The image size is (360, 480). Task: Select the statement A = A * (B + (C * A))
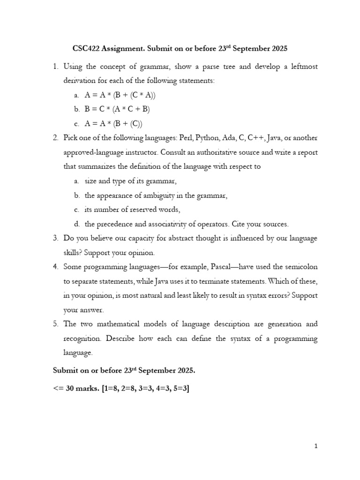pos(120,95)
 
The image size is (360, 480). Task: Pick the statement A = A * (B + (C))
pos(113,124)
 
